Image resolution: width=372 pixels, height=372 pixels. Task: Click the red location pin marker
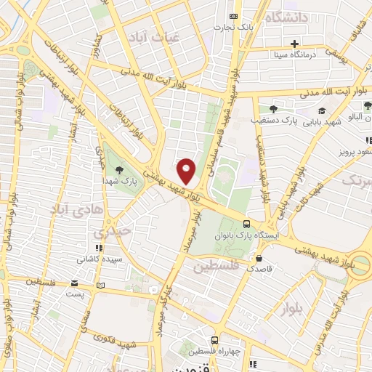187,171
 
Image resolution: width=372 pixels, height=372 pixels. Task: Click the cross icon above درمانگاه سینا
294,43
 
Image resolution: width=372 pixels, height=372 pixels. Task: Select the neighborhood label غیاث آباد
148,37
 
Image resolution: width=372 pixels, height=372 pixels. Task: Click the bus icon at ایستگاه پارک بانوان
248,225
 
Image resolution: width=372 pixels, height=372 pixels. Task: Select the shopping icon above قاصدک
259,257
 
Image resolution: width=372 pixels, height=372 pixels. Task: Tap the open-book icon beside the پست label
100,284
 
